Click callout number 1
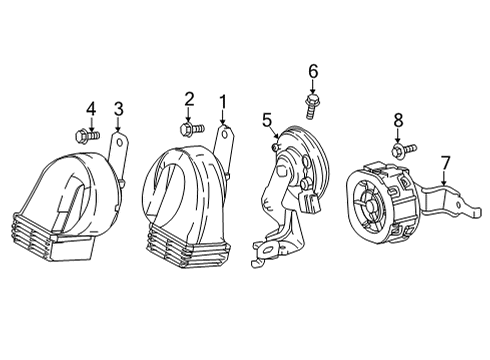[223, 101]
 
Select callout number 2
[188, 98]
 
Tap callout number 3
[118, 108]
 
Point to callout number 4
[90, 108]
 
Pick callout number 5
[267, 121]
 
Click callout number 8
[398, 120]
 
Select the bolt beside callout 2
[190, 128]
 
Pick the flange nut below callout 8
[399, 150]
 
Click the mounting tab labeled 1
[225, 140]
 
